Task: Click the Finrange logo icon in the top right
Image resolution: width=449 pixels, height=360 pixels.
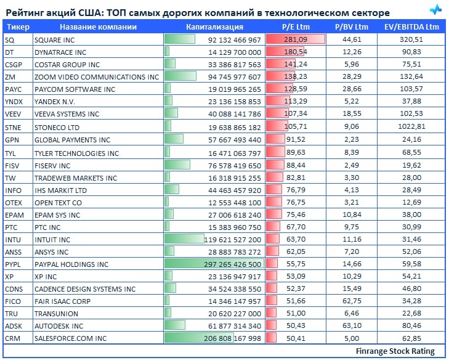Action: pos(435,10)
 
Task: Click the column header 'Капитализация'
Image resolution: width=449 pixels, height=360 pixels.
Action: pos(214,27)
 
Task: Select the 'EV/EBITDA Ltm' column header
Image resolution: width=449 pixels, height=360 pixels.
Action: pos(411,27)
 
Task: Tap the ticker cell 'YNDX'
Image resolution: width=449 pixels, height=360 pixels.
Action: pos(13,102)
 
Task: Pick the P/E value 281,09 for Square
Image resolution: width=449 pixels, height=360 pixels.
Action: pos(295,39)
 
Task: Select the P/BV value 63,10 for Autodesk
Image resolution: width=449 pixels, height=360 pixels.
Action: pos(352,326)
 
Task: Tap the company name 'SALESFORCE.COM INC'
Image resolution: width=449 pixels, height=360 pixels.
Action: pos(70,338)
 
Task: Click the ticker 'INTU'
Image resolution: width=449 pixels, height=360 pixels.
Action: pos(13,239)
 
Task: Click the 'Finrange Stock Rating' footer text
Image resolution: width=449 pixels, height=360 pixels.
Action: pos(395,351)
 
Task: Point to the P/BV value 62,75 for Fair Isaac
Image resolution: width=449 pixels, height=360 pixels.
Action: pos(352,301)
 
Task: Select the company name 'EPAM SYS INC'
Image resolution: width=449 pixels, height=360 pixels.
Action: pos(57,215)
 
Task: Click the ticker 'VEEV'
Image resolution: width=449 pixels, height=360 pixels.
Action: pos(13,114)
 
